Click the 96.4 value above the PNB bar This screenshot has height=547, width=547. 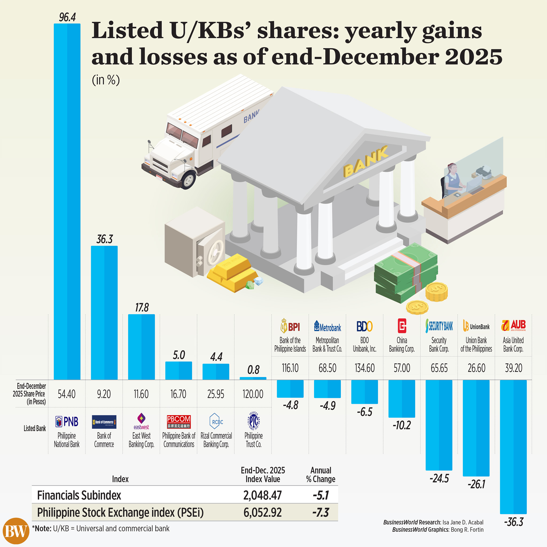coord(67,18)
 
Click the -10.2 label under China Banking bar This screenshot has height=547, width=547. coord(401,425)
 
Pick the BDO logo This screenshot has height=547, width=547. coord(364,326)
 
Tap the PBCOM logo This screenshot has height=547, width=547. coord(179,421)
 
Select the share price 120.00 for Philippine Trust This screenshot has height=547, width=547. coord(253,394)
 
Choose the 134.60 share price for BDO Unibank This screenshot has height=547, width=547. coord(364,368)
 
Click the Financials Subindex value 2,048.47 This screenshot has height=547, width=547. coord(263,495)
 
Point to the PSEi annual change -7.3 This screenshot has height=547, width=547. coord(321,513)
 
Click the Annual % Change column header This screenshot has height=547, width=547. coord(321,475)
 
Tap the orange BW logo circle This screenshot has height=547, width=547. coord(16,531)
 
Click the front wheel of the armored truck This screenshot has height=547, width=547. coord(188,179)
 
